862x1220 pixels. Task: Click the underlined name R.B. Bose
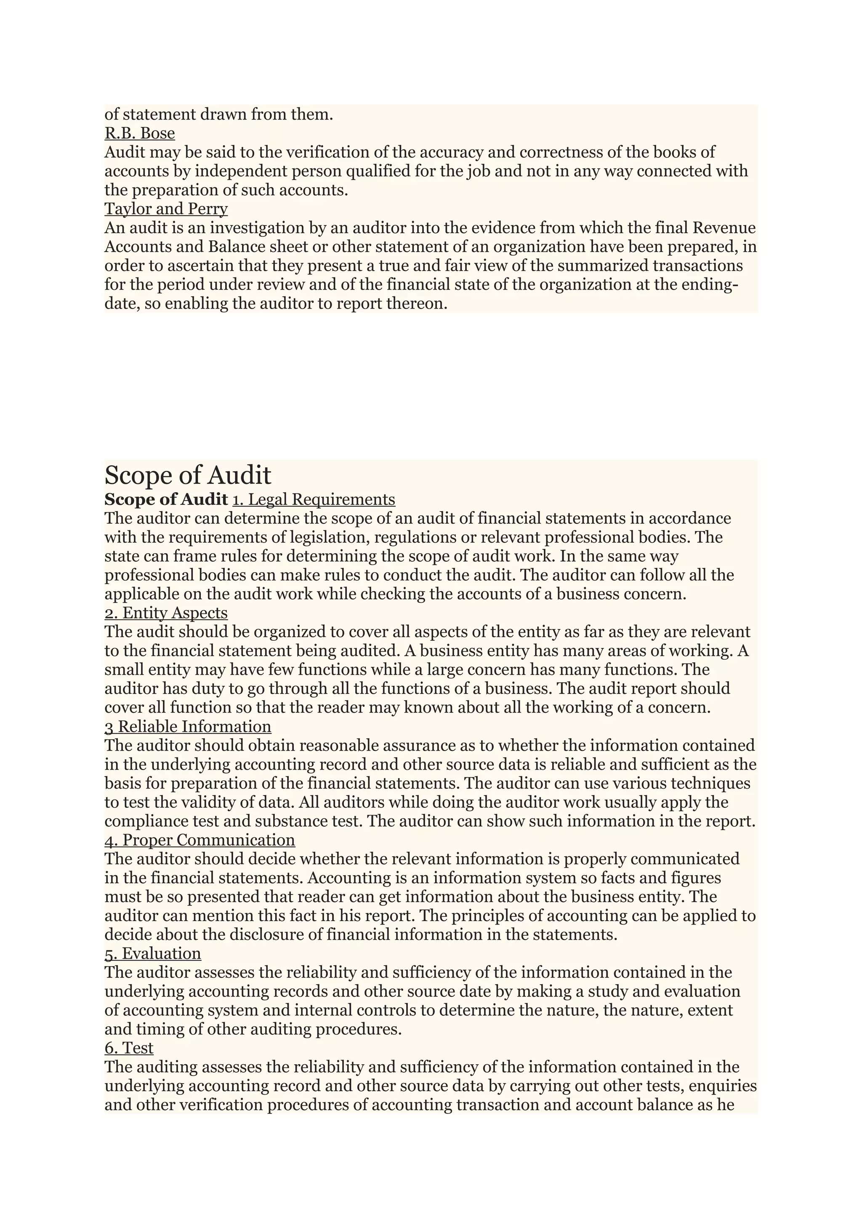(x=140, y=133)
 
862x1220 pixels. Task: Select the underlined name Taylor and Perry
(x=166, y=208)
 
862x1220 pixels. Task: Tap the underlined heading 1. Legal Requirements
(x=313, y=499)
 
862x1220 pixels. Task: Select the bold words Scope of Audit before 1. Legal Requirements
(x=166, y=499)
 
